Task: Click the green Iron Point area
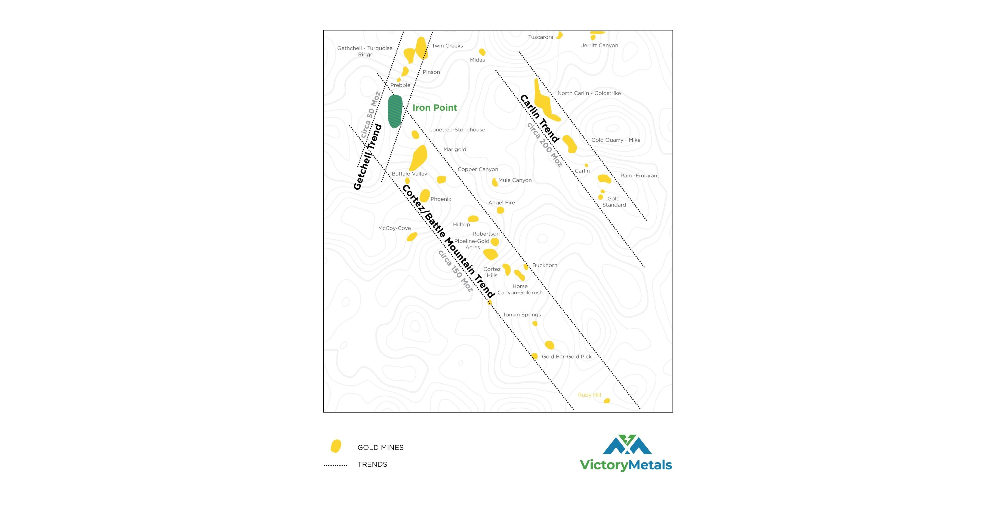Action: pyautogui.click(x=395, y=111)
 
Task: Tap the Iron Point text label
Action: pyautogui.click(x=435, y=108)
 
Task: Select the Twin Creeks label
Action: pyautogui.click(x=447, y=46)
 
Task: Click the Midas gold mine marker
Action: pyautogui.click(x=482, y=52)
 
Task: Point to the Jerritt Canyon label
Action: pyautogui.click(x=600, y=45)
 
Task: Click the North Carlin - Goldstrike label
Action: pyautogui.click(x=589, y=93)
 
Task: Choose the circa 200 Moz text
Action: pyautogui.click(x=545, y=145)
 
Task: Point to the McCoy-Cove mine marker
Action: pyautogui.click(x=412, y=236)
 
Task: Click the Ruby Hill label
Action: pyautogui.click(x=589, y=395)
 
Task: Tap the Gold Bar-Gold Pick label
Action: pyautogui.click(x=567, y=356)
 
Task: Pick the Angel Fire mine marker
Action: pyautogui.click(x=500, y=210)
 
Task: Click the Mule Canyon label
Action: pyautogui.click(x=515, y=180)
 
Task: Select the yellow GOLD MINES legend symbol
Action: pyautogui.click(x=336, y=446)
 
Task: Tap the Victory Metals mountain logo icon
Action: pyautogui.click(x=627, y=445)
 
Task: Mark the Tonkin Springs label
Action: pyautogui.click(x=522, y=315)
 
